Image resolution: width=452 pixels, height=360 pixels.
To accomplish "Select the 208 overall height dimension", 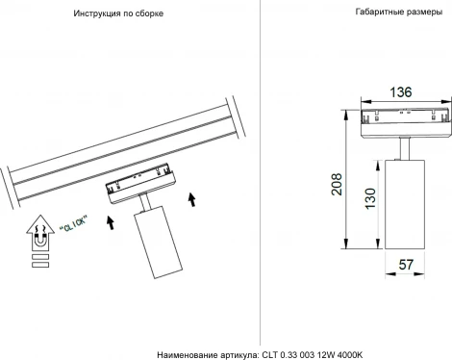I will click(337, 186).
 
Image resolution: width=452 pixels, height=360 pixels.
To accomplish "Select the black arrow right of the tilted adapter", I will click(193, 199).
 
